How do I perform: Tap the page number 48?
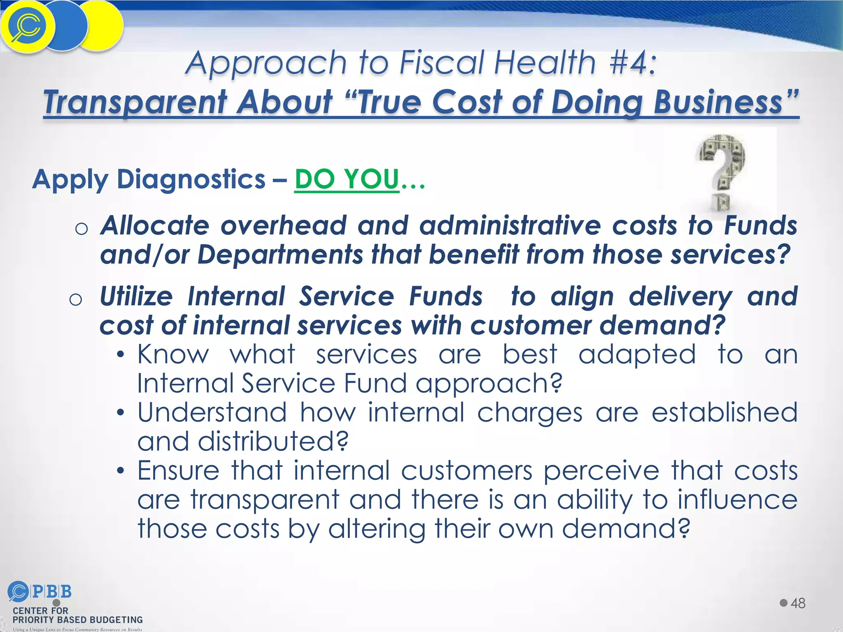(798, 604)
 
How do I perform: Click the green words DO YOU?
(347, 179)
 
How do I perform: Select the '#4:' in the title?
(632, 63)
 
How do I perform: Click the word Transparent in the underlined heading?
(136, 102)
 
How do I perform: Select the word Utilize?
(136, 296)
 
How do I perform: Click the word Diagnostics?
(191, 179)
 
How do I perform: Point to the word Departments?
(280, 255)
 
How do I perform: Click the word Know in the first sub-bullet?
(173, 354)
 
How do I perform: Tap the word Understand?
(212, 413)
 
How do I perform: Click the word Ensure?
(178, 471)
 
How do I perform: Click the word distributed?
(272, 441)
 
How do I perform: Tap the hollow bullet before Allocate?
(82, 228)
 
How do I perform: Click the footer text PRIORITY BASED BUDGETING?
(77, 620)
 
